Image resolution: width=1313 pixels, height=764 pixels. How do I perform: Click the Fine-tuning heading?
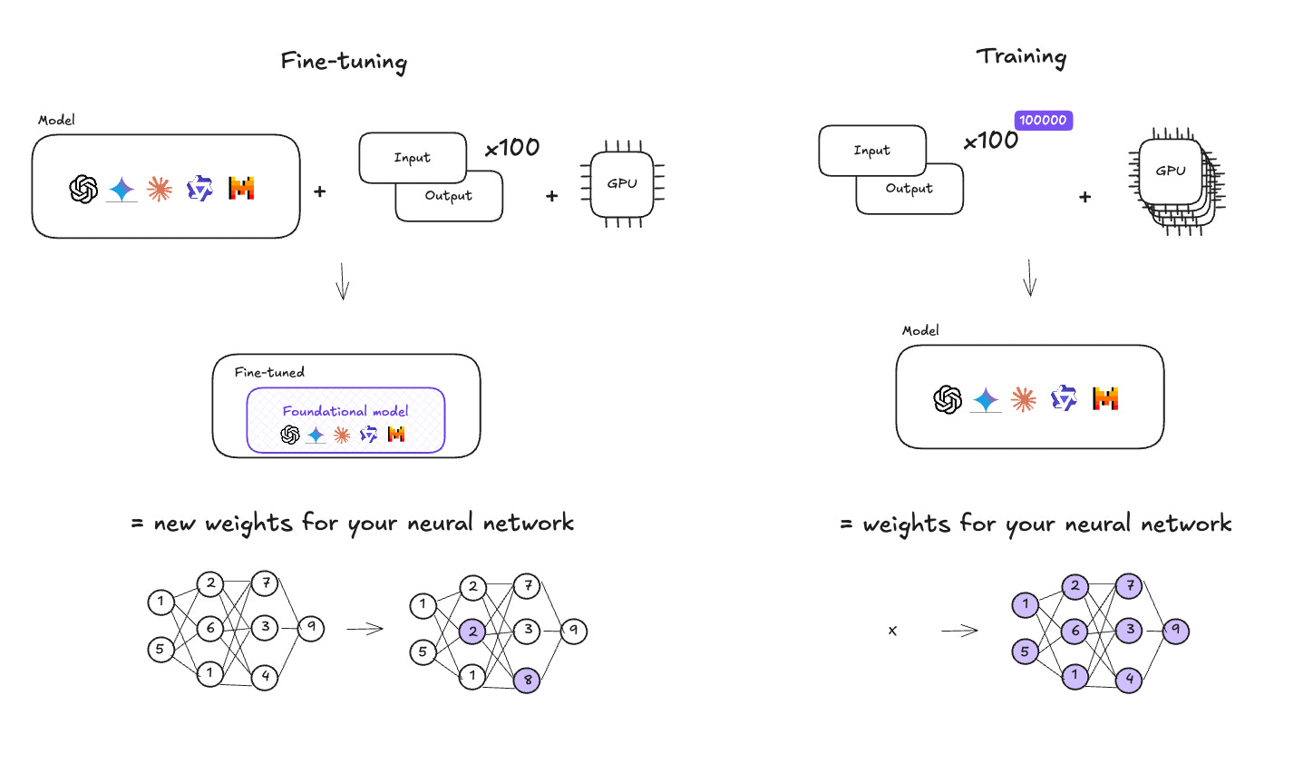point(344,62)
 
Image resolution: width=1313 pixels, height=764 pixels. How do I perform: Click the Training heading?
point(1021,57)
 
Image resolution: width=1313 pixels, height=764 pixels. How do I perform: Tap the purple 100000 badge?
point(1044,120)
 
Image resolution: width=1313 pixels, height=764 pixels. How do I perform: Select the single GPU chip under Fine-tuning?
point(622,184)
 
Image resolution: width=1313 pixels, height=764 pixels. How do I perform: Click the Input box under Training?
point(872,151)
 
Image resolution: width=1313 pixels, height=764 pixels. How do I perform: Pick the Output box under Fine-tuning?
point(449,196)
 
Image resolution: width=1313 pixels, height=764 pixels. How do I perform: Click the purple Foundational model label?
point(345,411)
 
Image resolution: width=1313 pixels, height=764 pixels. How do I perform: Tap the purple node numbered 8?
point(527,681)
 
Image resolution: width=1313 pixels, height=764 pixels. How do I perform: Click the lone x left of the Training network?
point(893,631)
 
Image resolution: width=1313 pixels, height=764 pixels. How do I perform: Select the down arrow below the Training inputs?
point(1030,278)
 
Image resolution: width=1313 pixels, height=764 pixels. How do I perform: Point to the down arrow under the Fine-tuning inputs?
point(343,281)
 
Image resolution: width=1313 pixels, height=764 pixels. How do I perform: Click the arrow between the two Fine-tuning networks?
point(365,629)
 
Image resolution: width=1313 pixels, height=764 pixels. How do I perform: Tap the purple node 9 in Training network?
point(1176,631)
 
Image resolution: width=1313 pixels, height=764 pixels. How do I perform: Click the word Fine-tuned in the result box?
point(269,372)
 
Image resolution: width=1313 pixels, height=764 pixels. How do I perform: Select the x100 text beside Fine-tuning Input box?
point(512,148)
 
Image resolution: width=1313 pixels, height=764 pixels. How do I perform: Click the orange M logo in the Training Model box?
point(1105,398)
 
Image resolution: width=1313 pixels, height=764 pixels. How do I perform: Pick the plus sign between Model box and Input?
point(319,191)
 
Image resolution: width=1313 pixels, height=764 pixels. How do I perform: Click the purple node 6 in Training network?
point(1075,631)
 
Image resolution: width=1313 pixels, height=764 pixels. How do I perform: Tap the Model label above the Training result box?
point(920,330)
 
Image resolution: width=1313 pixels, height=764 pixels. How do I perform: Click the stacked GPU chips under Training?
point(1176,181)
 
